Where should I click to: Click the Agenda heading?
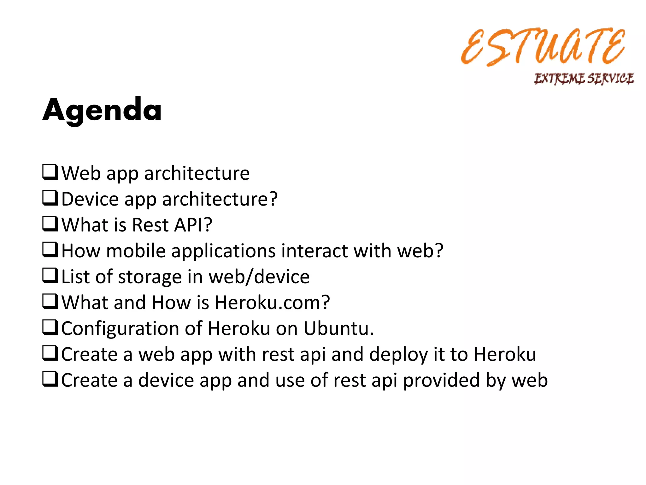[102, 110]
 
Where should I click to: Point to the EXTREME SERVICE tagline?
[584, 78]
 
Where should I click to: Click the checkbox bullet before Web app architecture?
[50, 172]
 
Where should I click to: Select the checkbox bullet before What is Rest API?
[50, 224]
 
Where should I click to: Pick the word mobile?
[136, 251]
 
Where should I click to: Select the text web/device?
[259, 277]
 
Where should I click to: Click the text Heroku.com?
[272, 303]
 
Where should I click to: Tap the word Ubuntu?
[338, 329]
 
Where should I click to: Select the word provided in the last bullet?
[441, 380]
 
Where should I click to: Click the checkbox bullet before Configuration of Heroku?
[50, 327]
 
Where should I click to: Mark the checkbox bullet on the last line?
[50, 379]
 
